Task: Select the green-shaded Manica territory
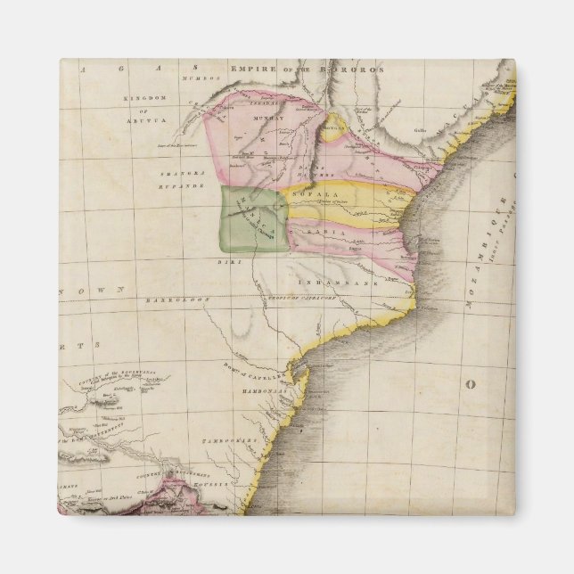point(253,219)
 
